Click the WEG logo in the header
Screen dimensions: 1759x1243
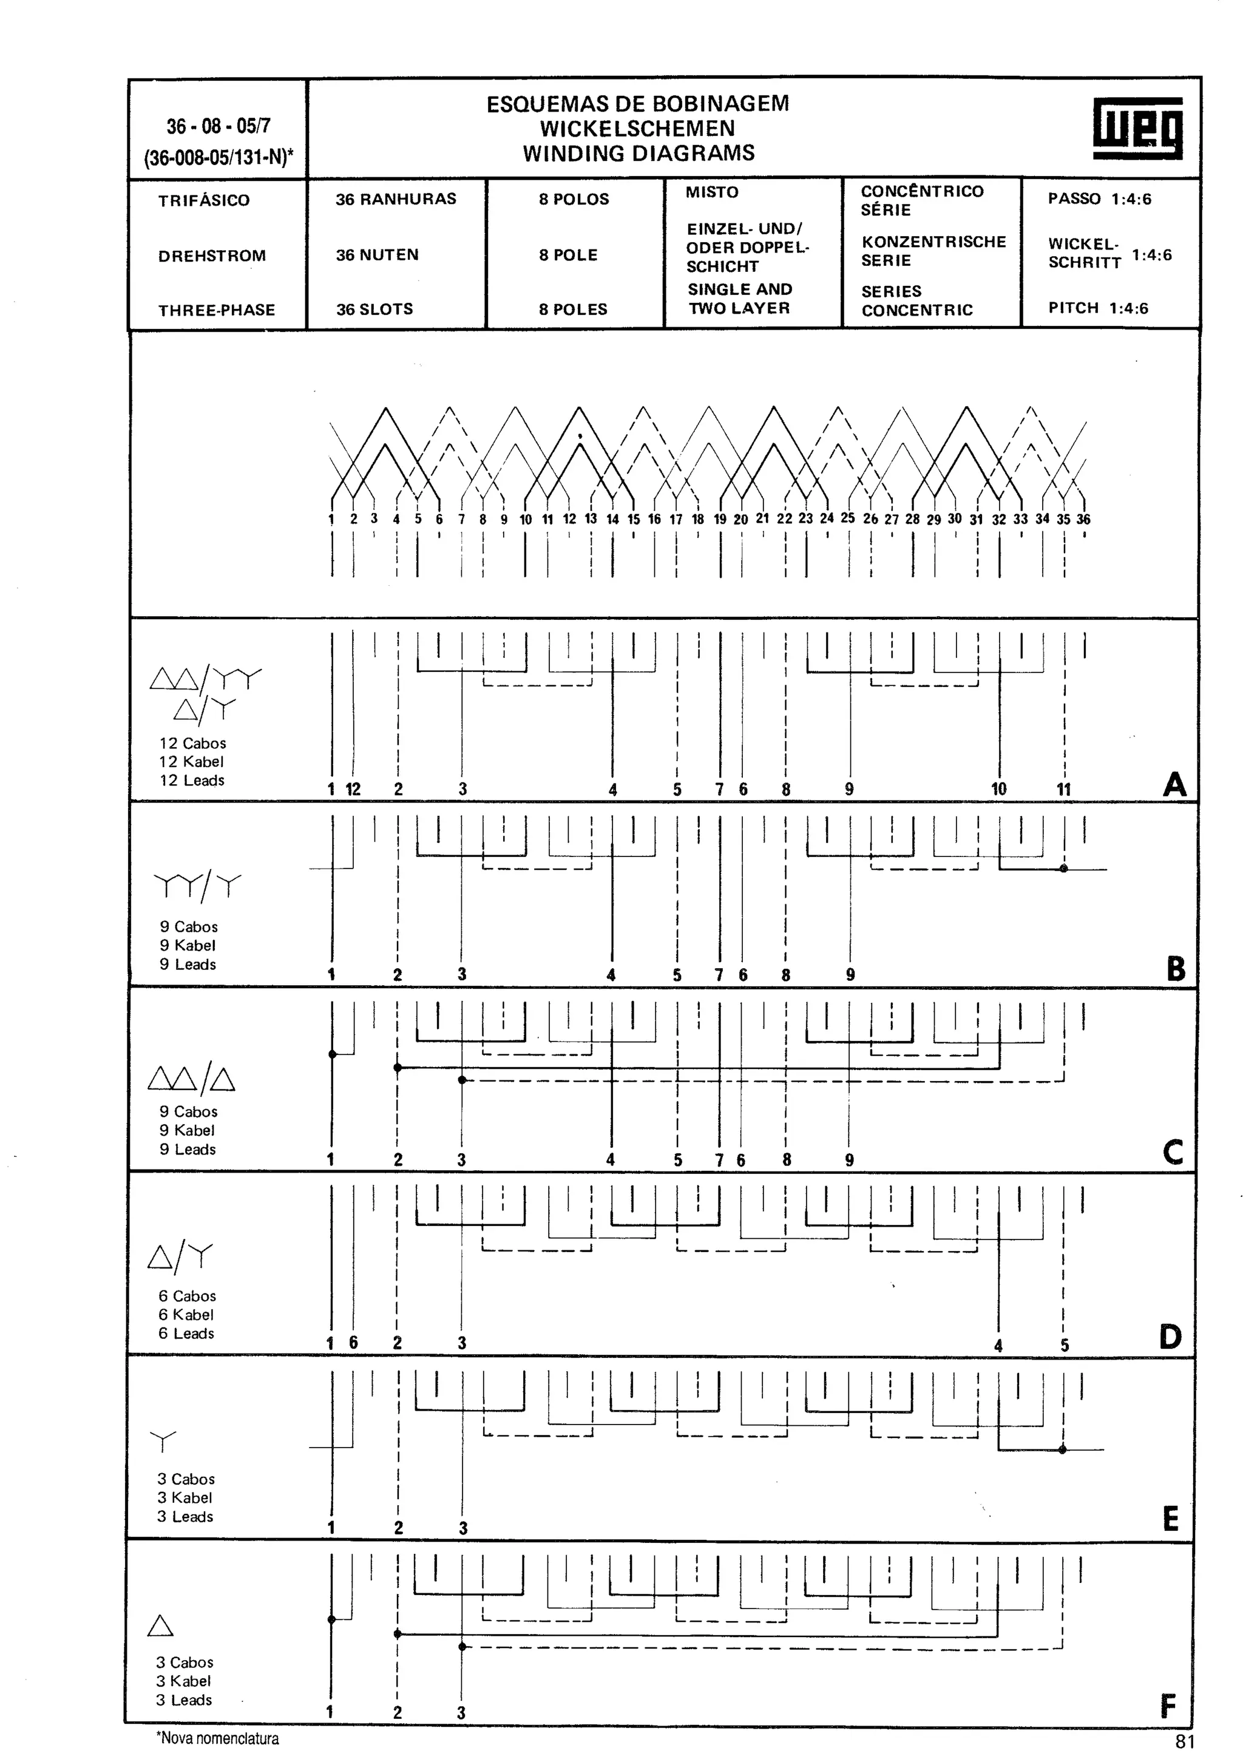point(1137,129)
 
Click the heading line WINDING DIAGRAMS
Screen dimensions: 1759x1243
point(638,153)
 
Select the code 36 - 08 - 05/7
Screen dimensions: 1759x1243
point(218,126)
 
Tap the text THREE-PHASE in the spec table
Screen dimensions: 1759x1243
point(217,310)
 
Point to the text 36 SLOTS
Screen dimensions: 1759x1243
point(374,310)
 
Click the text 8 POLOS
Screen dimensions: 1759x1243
point(574,199)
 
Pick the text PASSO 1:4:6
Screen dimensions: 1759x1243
point(1099,199)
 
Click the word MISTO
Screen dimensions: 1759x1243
point(713,192)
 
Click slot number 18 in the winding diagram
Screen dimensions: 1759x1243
point(698,520)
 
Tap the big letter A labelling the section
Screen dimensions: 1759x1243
point(1173,784)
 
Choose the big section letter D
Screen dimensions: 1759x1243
point(1170,1338)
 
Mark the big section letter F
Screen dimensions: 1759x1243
point(1168,1707)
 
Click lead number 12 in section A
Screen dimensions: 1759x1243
point(353,789)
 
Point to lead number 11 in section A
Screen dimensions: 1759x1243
point(1064,789)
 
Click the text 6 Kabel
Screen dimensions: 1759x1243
point(186,1315)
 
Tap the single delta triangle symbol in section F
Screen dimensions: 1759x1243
point(160,1625)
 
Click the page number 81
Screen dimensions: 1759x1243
point(1185,1741)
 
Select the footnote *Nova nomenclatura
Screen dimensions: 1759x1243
point(217,1738)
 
